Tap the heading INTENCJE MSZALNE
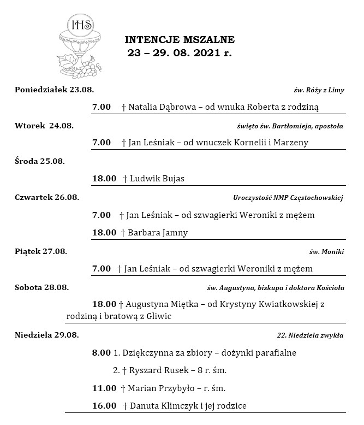[180, 39]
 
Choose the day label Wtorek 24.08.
[44, 126]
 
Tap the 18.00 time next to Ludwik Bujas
[104, 178]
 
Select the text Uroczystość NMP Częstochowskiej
[288, 198]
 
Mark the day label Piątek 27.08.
[41, 251]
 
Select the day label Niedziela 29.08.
[47, 334]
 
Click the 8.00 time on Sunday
[102, 353]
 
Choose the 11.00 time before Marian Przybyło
[104, 388]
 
